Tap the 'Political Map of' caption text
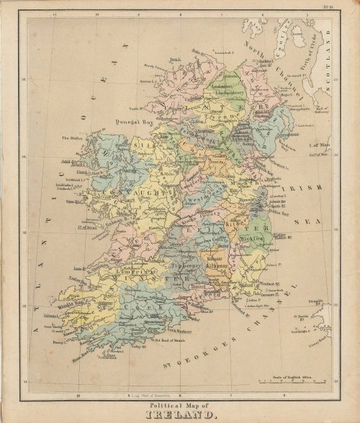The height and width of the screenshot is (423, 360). click(180, 407)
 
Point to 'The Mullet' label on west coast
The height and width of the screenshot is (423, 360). click(74, 138)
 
